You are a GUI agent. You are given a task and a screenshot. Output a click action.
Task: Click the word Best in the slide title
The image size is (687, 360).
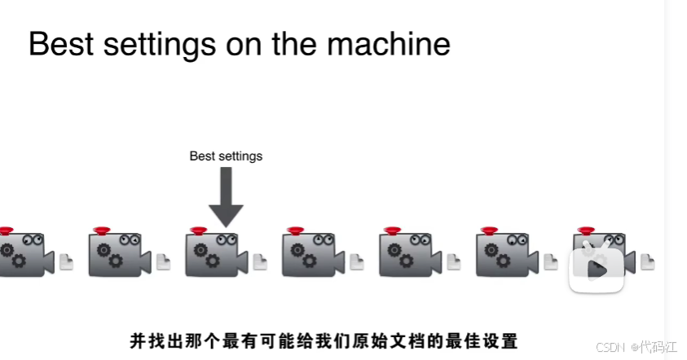(x=61, y=44)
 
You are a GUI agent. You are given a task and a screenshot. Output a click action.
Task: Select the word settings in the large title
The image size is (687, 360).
(x=160, y=46)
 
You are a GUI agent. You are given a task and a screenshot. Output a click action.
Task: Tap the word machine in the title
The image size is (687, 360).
(x=389, y=44)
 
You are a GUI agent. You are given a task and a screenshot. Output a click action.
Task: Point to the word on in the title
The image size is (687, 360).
(x=244, y=46)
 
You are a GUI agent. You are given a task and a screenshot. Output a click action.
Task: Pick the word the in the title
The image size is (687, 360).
(x=294, y=44)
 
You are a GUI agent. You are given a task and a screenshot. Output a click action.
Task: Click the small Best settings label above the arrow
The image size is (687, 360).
(x=226, y=156)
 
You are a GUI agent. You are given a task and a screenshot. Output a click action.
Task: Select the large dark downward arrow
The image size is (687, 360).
(x=226, y=197)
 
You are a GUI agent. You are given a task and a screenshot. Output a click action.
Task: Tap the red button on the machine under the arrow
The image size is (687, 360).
(x=199, y=230)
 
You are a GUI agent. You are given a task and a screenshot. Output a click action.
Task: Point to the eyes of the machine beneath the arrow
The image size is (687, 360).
(x=227, y=239)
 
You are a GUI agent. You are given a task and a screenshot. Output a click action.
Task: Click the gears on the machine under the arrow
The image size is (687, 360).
(x=206, y=255)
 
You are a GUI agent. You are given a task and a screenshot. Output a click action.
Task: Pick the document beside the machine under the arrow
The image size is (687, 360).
(x=260, y=262)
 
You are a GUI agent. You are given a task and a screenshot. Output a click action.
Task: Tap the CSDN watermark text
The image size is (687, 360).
(x=610, y=347)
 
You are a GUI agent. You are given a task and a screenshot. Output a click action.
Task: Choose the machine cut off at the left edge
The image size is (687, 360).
(x=24, y=254)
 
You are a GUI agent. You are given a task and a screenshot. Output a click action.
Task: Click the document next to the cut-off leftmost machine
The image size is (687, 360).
(x=66, y=262)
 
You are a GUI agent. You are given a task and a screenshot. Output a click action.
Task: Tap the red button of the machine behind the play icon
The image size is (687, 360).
(x=586, y=230)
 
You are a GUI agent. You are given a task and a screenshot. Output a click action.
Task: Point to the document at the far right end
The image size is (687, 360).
(x=648, y=262)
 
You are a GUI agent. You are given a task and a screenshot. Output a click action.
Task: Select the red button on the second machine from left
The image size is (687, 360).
(x=102, y=230)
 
